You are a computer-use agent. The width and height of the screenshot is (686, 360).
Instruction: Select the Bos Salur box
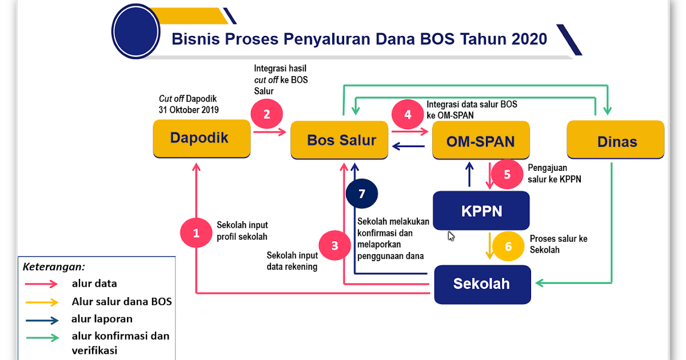[x=341, y=141]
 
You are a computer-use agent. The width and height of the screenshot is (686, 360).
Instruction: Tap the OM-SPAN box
[x=481, y=141]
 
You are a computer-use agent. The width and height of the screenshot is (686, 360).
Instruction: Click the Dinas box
[x=615, y=140]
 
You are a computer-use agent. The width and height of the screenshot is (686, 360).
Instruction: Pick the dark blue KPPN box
[x=481, y=211]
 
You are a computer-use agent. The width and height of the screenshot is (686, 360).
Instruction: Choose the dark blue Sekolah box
[x=482, y=284]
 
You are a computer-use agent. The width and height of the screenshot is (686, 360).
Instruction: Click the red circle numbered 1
[x=197, y=233]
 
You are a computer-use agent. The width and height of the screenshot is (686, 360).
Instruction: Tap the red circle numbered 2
[x=266, y=114]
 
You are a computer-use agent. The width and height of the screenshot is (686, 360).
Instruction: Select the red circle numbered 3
[x=335, y=246]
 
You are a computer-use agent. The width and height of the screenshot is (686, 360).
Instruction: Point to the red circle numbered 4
[x=408, y=114]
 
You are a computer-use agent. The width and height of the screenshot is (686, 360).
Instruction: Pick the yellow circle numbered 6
[x=509, y=246]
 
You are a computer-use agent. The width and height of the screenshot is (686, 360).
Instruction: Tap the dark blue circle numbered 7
[x=361, y=194]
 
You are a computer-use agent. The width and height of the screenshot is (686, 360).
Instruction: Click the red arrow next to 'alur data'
[x=42, y=283]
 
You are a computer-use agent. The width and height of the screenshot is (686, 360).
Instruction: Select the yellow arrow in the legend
[x=42, y=302]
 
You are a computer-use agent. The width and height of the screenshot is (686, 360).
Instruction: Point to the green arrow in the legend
[x=42, y=337]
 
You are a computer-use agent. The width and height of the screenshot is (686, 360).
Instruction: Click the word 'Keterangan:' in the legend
[x=54, y=266]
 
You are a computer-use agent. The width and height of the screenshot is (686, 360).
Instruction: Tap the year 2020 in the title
[x=529, y=39]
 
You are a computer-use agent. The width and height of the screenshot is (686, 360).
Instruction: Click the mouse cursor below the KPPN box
[x=451, y=236]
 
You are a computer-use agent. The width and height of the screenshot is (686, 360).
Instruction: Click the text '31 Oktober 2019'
[x=189, y=110]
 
